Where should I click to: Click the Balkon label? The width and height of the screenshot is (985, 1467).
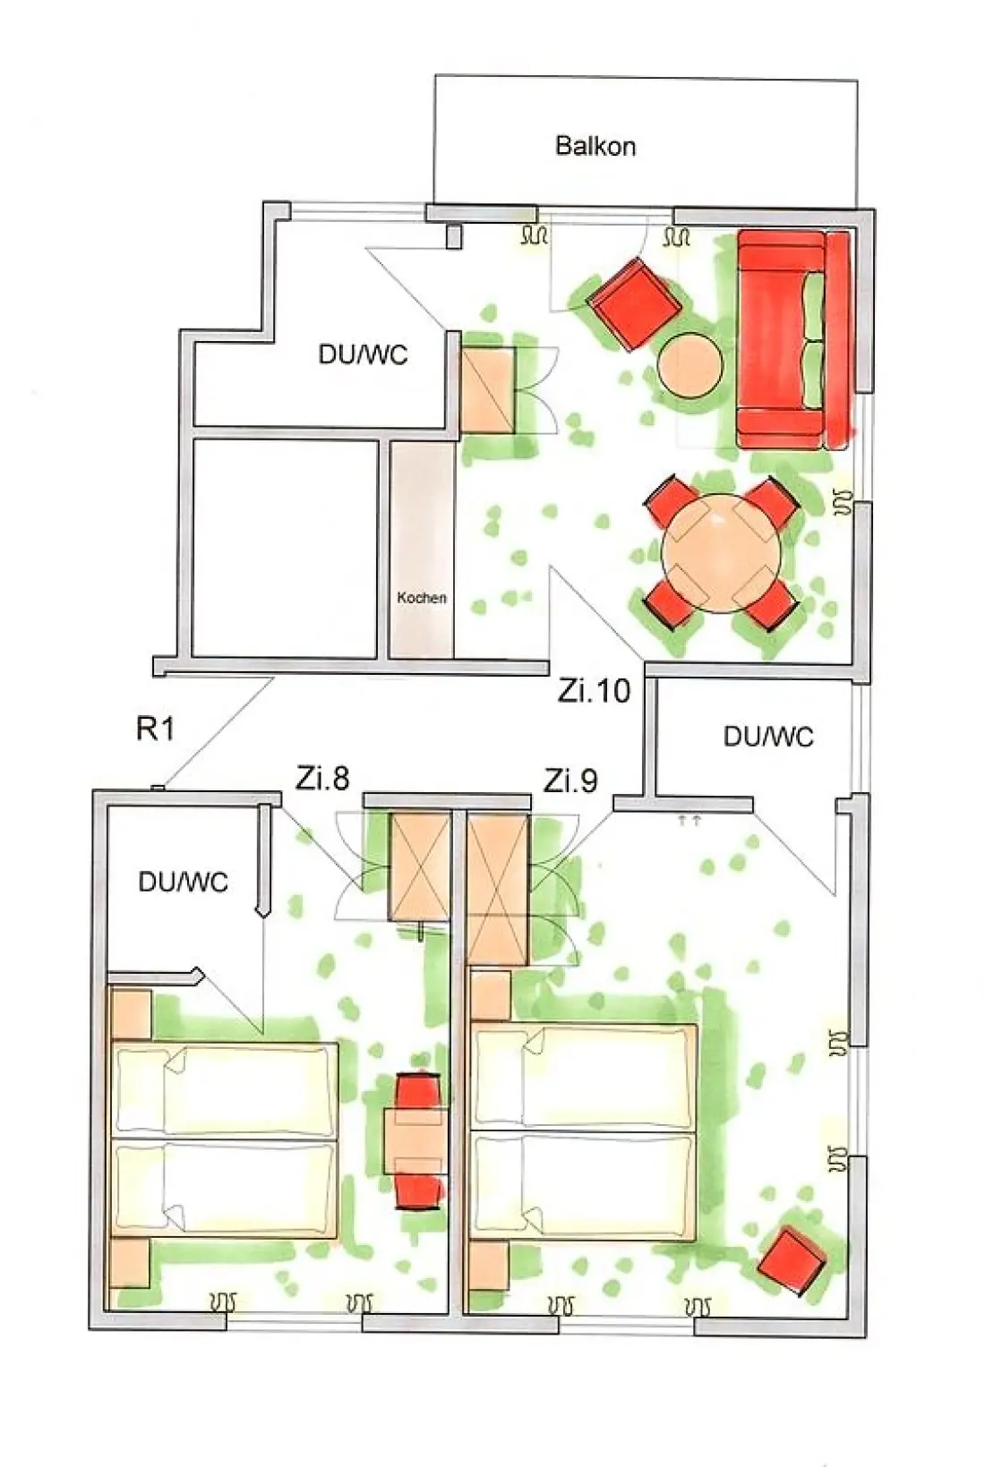click(x=595, y=145)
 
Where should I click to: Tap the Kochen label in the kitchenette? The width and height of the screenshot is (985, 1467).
click(x=422, y=597)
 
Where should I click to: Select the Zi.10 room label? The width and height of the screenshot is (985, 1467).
click(x=594, y=691)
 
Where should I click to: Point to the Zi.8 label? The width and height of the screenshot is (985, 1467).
click(x=321, y=780)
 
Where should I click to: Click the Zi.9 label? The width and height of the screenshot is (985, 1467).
click(x=570, y=780)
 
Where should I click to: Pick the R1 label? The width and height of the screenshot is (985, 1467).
click(x=155, y=729)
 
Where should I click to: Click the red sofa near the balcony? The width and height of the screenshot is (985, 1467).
click(x=795, y=340)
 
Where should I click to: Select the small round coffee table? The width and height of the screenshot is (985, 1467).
click(x=690, y=365)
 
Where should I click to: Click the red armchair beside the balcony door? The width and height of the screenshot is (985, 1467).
click(x=634, y=304)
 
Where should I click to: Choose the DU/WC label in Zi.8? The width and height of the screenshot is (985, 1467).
click(x=183, y=883)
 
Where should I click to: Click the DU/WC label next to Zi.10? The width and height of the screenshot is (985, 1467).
click(x=768, y=737)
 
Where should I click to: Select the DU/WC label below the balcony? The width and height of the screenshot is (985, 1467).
click(x=363, y=354)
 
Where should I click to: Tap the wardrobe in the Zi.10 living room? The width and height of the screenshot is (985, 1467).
click(x=488, y=389)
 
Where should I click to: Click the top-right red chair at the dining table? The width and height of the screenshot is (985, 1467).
click(x=772, y=501)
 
